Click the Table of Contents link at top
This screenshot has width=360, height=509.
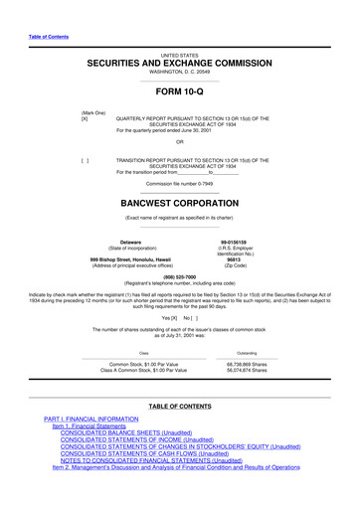(x=48, y=37)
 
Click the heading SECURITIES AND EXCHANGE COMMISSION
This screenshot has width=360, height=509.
(x=180, y=63)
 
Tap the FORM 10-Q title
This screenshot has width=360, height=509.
(x=180, y=94)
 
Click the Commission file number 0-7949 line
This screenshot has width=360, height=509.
(x=180, y=185)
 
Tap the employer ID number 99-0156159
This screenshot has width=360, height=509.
(x=247, y=240)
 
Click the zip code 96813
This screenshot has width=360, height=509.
(x=247, y=258)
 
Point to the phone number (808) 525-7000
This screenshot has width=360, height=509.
(x=180, y=277)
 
